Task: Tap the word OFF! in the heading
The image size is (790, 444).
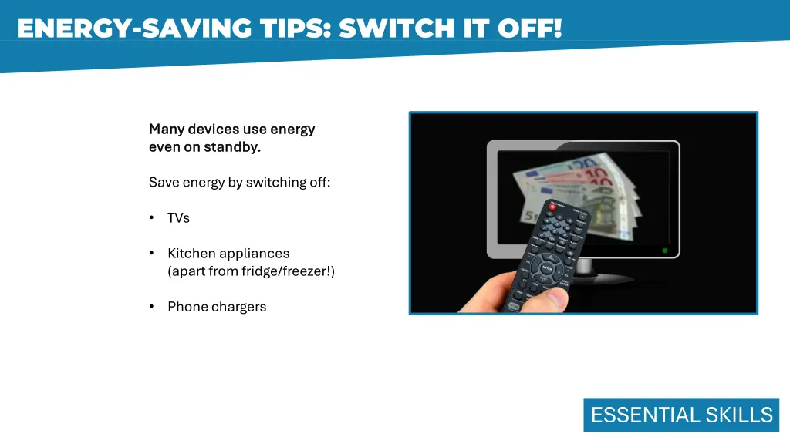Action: pyautogui.click(x=529, y=29)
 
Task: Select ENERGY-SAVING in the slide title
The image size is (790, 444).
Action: pyautogui.click(x=131, y=29)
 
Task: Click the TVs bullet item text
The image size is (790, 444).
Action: pyautogui.click(x=178, y=218)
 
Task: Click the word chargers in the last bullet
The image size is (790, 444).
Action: pyautogui.click(x=239, y=307)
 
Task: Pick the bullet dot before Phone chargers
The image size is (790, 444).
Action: pyautogui.click(x=152, y=307)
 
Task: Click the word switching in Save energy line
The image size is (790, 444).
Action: pyautogui.click(x=272, y=183)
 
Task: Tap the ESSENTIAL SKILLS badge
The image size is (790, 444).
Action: pyautogui.click(x=681, y=415)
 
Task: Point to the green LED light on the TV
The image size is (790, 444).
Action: pyautogui.click(x=664, y=251)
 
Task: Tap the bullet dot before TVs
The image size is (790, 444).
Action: pyautogui.click(x=152, y=218)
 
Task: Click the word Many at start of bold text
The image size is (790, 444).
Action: pyautogui.click(x=167, y=129)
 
